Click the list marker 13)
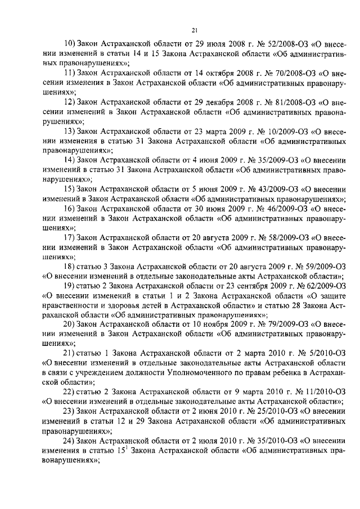(x=70, y=131)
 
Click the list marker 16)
(x=70, y=209)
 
